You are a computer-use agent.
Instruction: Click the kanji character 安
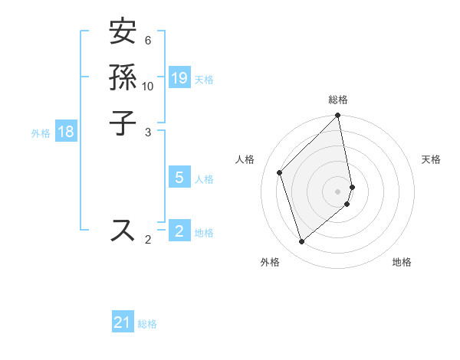(123, 34)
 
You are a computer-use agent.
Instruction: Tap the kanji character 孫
(123, 78)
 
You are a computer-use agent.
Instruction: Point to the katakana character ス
(123, 230)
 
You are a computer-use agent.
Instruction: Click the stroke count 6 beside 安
(148, 41)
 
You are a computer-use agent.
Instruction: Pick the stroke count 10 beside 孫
(148, 86)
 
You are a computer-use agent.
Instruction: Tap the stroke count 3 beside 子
(148, 132)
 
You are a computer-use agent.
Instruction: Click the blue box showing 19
(179, 78)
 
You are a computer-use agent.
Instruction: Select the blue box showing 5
(179, 178)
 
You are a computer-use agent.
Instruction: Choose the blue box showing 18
(66, 132)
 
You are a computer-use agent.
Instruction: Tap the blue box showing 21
(123, 323)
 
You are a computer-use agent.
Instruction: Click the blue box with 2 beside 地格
(179, 231)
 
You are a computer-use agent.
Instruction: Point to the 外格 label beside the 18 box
(41, 133)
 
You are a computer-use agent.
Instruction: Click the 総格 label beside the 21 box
(147, 324)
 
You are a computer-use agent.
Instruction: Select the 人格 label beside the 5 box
(204, 179)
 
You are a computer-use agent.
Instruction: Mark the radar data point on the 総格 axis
(338, 116)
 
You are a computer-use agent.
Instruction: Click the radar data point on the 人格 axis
(280, 172)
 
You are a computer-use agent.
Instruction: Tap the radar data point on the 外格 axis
(302, 242)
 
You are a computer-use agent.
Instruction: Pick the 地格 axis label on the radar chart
(402, 263)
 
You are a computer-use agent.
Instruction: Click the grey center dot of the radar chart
(338, 190)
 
